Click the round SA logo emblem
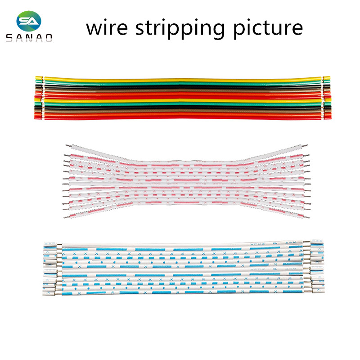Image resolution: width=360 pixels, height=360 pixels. point(29,21)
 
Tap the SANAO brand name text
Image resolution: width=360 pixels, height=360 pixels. point(29,38)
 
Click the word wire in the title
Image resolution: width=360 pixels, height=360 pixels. point(107,28)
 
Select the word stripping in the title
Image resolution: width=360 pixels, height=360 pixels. point(180,28)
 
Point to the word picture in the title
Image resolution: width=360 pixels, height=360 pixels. point(268,28)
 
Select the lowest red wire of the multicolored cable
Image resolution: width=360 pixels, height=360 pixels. point(183,117)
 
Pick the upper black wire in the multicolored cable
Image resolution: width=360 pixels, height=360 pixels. point(183,87)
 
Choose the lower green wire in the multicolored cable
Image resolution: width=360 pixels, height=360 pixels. point(183,103)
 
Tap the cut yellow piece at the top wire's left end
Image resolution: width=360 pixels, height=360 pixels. point(39,78)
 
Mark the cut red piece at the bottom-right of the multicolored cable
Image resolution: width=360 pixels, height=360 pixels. point(328,117)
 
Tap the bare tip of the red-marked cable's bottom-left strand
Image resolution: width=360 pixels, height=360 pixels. point(66,217)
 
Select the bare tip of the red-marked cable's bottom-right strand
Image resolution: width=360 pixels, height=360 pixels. point(306,216)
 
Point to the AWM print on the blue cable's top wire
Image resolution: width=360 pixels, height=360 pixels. point(291,243)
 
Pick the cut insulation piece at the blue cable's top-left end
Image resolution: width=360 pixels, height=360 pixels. point(50,244)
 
